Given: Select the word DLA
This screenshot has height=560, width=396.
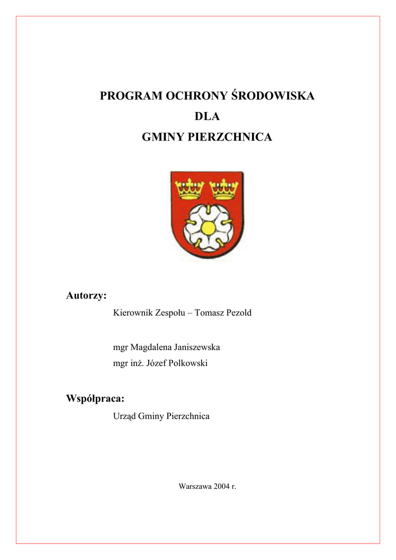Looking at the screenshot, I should click(x=207, y=117).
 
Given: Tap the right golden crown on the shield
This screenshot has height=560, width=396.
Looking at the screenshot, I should click(x=224, y=190).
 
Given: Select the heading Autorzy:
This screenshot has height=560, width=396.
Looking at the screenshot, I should click(x=86, y=296).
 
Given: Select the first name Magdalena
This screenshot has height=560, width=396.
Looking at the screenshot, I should click(x=150, y=347).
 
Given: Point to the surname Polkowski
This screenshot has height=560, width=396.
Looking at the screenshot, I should click(x=188, y=363).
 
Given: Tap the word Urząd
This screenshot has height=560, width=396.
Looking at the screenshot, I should click(x=124, y=417).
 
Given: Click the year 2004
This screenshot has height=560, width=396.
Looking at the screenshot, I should click(x=222, y=486).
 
